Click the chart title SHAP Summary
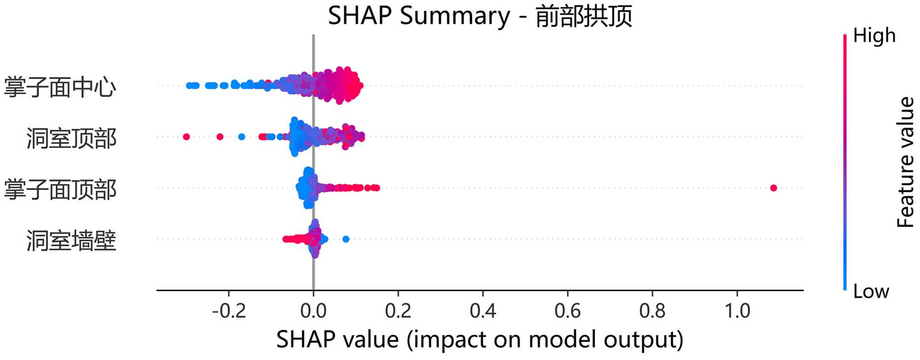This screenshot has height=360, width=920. click(x=480, y=16)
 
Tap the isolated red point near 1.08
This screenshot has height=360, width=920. click(x=773, y=188)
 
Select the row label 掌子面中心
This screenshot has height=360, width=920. click(x=60, y=86)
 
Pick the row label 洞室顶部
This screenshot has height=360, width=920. click(x=71, y=138)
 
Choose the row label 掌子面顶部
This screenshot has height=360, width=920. click(x=60, y=189)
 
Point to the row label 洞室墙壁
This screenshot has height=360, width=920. click(x=71, y=240)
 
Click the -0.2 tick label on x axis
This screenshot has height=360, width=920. click(x=229, y=311)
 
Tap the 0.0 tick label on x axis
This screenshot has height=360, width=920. click(x=313, y=311)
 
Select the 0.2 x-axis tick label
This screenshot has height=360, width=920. click(x=398, y=311)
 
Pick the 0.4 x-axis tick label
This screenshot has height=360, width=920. click(x=483, y=311)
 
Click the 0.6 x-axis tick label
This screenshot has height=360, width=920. click(x=567, y=311)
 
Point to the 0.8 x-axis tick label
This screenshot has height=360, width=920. click(x=652, y=311)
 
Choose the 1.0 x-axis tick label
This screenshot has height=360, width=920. click(x=737, y=311)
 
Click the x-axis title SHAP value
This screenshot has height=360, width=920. click(x=480, y=340)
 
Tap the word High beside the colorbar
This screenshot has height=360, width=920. click(x=874, y=35)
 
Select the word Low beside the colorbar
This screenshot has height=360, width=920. click(x=871, y=291)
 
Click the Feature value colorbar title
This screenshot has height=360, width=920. click(x=905, y=162)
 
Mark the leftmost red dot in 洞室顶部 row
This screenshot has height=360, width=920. click(x=186, y=137)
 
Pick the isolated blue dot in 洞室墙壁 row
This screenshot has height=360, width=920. click(x=346, y=239)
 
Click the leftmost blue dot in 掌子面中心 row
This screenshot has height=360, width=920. click(x=189, y=86)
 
